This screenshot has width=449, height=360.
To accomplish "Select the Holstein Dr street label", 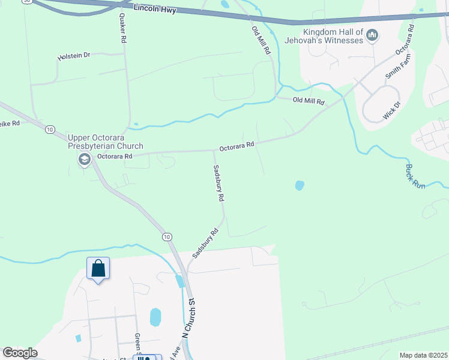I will (x=74, y=56).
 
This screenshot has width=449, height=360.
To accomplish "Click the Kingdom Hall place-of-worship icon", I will (x=372, y=36).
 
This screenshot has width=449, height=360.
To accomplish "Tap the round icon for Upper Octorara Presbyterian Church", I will (x=83, y=158).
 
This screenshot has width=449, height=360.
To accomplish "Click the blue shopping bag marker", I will (x=98, y=268).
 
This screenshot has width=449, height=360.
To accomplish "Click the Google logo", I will (x=20, y=353).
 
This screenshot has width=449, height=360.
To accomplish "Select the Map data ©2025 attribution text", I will (x=423, y=355).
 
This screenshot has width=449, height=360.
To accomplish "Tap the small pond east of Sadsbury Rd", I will (x=300, y=186).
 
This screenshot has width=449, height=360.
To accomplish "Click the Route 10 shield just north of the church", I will (x=50, y=129).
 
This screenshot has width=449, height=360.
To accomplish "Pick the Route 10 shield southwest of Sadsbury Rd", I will (x=166, y=238).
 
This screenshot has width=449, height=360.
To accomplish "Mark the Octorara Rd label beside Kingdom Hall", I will (x=404, y=40).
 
